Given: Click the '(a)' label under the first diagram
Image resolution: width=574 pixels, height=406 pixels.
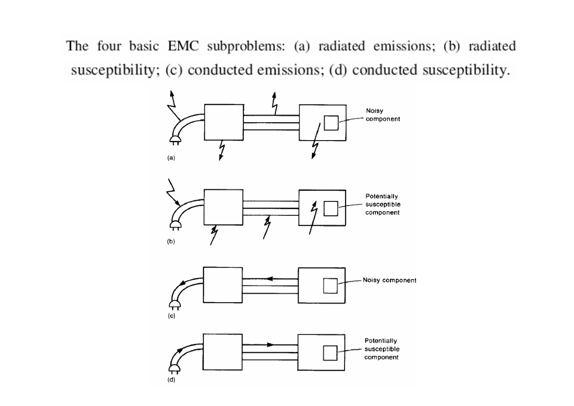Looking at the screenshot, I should pos(172,159).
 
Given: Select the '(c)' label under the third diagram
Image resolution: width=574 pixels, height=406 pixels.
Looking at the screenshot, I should pos(172,317).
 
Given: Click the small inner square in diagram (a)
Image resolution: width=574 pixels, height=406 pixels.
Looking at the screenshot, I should pos(331,123).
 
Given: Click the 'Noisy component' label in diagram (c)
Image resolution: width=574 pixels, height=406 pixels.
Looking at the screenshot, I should pos(389,280).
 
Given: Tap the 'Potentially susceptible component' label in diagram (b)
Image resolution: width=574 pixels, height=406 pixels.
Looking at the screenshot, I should pos(382,204).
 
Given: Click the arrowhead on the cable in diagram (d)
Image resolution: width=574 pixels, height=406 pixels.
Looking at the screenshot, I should pos(270,345).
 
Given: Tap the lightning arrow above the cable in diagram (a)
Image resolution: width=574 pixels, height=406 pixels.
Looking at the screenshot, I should pos(274,104).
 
